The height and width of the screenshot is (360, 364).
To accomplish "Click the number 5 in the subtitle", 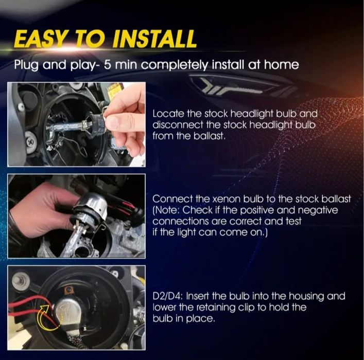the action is [x=107, y=65].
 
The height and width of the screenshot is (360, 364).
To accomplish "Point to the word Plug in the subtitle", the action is [x=26, y=65].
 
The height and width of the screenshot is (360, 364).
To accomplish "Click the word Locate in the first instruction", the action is [x=168, y=114].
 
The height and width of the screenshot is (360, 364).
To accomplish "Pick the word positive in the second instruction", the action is [x=257, y=210].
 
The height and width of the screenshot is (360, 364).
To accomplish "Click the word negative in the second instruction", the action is [x=318, y=210].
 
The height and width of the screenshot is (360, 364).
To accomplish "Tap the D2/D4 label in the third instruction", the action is [x=168, y=296].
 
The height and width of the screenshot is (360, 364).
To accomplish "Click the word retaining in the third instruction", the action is [x=217, y=308].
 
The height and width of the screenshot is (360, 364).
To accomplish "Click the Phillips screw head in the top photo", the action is [x=30, y=141].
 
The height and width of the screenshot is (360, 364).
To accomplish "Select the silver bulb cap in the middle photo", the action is [x=90, y=208].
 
